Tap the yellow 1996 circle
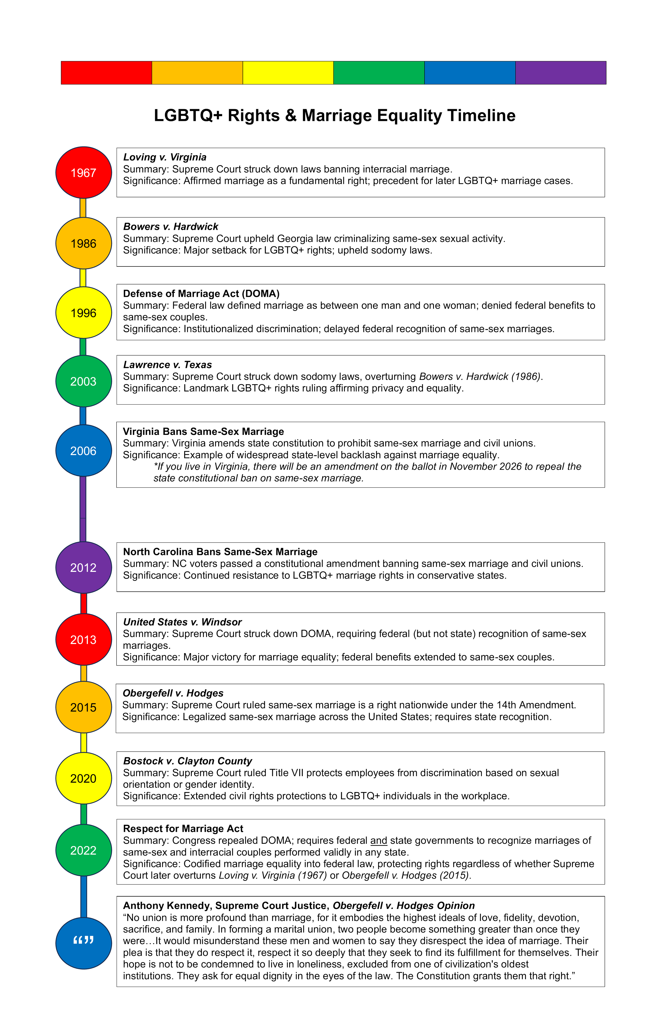[x=84, y=313]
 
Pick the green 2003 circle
[x=84, y=381]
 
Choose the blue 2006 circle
[x=84, y=450]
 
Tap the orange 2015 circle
[x=84, y=707]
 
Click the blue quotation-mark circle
[x=84, y=942]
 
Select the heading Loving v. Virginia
[x=165, y=157]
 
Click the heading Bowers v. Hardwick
[x=170, y=226]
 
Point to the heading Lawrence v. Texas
[x=167, y=364]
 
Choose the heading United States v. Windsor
[x=182, y=621]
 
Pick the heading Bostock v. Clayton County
[x=188, y=761]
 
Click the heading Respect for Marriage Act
[x=183, y=828]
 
